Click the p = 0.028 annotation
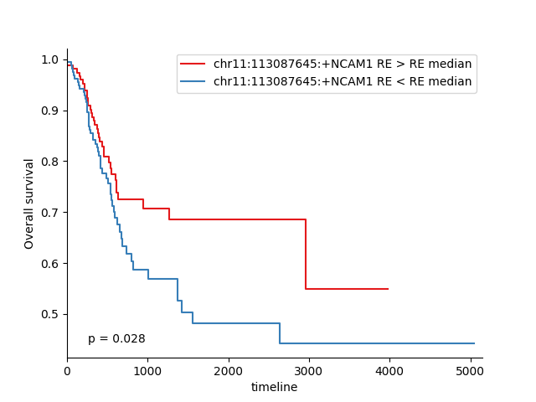tap(116, 339)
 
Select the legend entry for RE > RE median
tap(343, 64)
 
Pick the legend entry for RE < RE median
tap(343, 82)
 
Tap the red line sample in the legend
tap(193, 64)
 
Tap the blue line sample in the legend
tap(193, 82)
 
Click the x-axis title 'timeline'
tap(274, 387)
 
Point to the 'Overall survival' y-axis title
tap(30, 204)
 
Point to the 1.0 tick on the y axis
tap(50, 59)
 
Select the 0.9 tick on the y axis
tap(50, 111)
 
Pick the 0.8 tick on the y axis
tap(50, 162)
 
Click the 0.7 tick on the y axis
tap(50, 213)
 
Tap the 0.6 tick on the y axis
tap(50, 264)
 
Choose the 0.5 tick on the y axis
tap(50, 315)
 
